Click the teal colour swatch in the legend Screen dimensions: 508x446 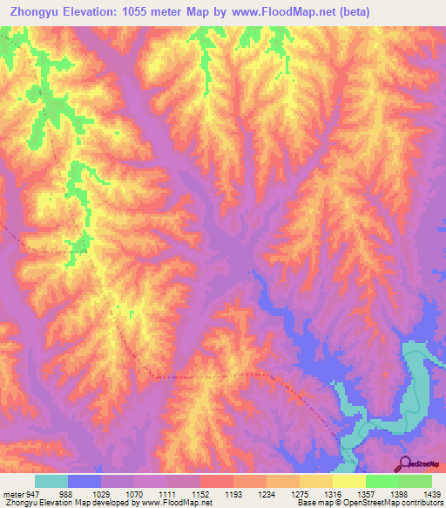[51, 481]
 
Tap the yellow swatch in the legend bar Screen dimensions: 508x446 [348, 481]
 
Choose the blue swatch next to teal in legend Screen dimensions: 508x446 [84, 481]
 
